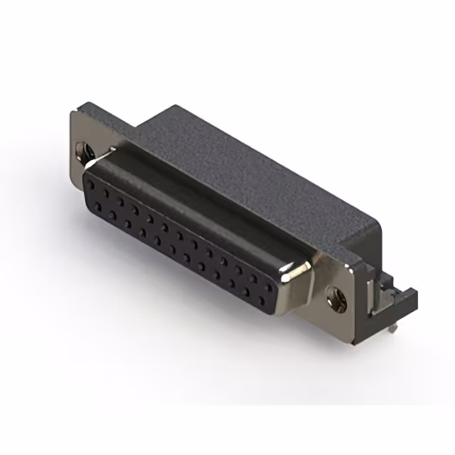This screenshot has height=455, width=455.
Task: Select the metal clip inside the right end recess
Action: tap(370, 288)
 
